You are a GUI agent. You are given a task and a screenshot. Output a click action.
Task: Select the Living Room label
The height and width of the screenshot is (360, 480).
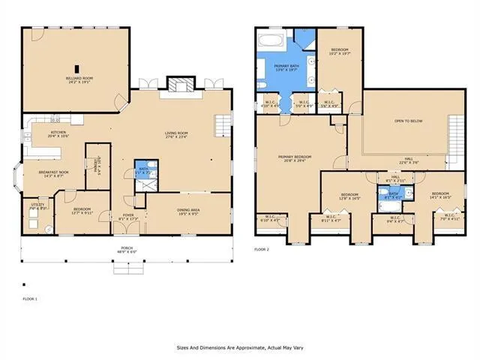click(x=176, y=133)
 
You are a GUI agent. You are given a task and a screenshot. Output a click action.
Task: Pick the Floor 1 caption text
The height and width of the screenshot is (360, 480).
click(x=29, y=298)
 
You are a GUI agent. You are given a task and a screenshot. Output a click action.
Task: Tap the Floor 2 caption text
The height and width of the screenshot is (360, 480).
click(x=261, y=248)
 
